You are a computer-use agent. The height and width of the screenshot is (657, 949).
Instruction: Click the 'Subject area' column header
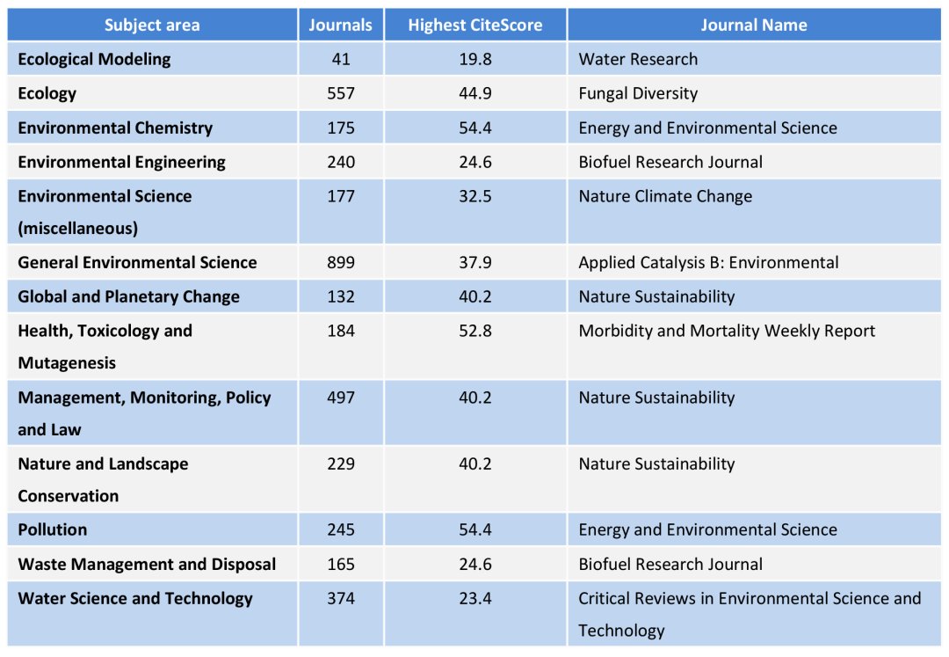coord(152,26)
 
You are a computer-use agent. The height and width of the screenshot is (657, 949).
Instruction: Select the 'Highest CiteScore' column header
coord(474,26)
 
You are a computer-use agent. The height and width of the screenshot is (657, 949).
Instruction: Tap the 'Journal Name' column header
coord(753,26)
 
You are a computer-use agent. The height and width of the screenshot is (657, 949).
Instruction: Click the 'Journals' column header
coord(340,26)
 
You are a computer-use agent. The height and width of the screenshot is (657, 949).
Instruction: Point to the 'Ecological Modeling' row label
coord(94,60)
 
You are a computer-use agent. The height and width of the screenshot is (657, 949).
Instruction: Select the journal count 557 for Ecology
coord(340,93)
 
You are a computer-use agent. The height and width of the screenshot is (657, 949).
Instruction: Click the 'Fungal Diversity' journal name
coord(638,93)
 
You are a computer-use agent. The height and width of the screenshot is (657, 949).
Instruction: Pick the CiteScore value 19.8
coord(474,60)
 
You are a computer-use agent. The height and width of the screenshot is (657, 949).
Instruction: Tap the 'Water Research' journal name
coord(638,60)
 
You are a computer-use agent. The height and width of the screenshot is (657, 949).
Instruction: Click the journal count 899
coord(340,263)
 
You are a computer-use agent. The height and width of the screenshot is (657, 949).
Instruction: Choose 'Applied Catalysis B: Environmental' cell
coord(708,263)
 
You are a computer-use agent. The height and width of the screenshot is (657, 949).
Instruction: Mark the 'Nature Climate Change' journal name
coord(665,196)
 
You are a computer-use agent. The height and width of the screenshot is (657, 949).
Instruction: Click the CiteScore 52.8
coord(474,331)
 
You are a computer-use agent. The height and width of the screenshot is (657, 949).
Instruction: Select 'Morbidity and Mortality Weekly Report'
coord(727,331)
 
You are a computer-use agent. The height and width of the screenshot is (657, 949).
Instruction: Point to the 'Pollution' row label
coord(53,529)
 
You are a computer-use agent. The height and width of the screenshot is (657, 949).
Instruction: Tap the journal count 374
coord(340,599)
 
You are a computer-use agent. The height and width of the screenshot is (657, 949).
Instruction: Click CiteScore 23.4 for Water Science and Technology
coord(474,599)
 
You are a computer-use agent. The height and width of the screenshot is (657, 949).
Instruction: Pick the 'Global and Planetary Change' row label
coord(128,296)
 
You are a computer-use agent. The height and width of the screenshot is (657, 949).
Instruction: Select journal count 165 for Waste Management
coord(340,565)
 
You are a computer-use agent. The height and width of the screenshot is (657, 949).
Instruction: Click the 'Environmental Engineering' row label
coord(121,162)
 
